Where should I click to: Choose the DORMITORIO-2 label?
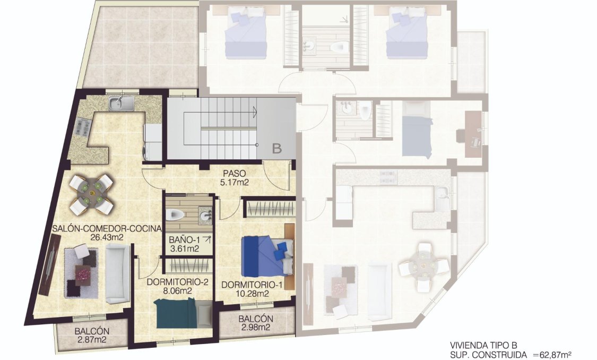(x=177, y=282)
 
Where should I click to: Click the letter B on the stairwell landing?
(x=276, y=149)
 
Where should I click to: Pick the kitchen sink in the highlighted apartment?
(x=122, y=104)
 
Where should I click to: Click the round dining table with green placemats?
(x=92, y=188)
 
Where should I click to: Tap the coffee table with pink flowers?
(x=83, y=273)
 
